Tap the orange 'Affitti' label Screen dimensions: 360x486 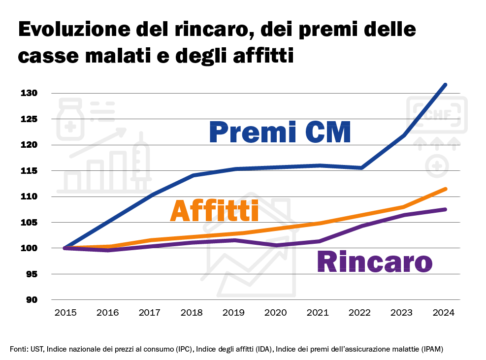(x=214, y=212)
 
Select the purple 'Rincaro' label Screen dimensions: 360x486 (x=374, y=262)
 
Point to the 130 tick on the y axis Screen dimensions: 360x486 (x=29, y=93)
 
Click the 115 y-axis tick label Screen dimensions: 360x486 (x=29, y=171)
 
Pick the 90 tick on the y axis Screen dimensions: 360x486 (x=32, y=300)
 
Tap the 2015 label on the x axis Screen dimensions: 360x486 (x=65, y=313)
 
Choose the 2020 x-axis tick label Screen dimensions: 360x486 (x=276, y=313)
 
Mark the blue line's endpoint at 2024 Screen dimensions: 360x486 (x=445, y=85)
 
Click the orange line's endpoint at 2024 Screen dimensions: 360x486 (x=445, y=189)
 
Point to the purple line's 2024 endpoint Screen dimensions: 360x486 (x=445, y=209)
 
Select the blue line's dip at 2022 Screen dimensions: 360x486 (x=361, y=168)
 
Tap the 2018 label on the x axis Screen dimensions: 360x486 (x=192, y=313)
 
